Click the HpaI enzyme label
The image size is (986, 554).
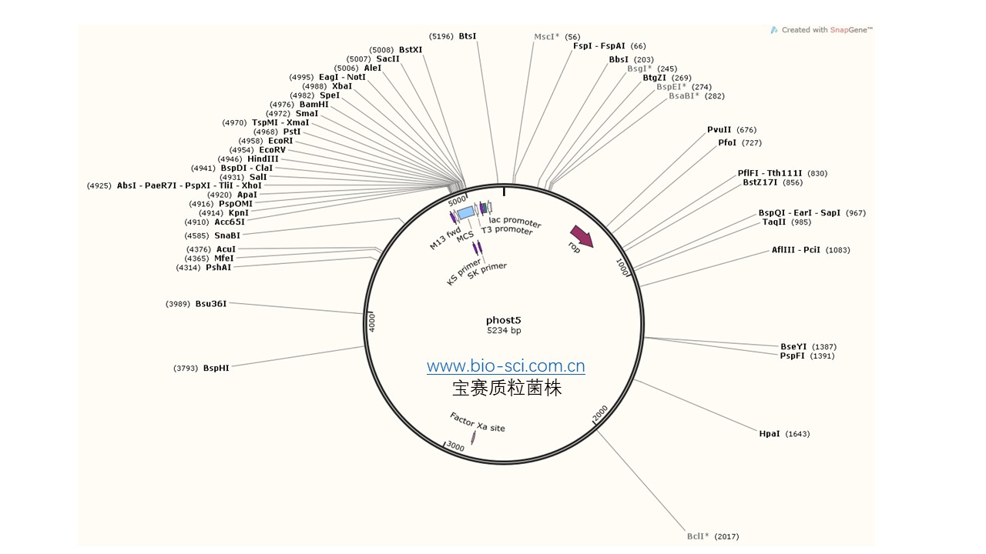[770, 434]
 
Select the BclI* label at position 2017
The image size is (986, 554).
[698, 536]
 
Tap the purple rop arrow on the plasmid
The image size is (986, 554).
[582, 236]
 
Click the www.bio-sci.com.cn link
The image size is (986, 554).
[506, 367]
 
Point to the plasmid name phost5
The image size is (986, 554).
[504, 320]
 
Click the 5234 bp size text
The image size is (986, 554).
[504, 331]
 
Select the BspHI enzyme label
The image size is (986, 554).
[216, 369]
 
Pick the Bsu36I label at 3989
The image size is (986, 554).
[211, 304]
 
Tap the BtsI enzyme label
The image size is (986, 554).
[468, 36]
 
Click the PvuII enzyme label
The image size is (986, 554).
[719, 130]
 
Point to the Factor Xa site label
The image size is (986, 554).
[478, 422]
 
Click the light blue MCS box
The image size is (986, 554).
[465, 212]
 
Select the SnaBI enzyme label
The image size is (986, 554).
[227, 235]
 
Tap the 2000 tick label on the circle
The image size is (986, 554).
[600, 413]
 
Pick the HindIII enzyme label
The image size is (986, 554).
[263, 159]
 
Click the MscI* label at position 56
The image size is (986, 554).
[547, 37]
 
